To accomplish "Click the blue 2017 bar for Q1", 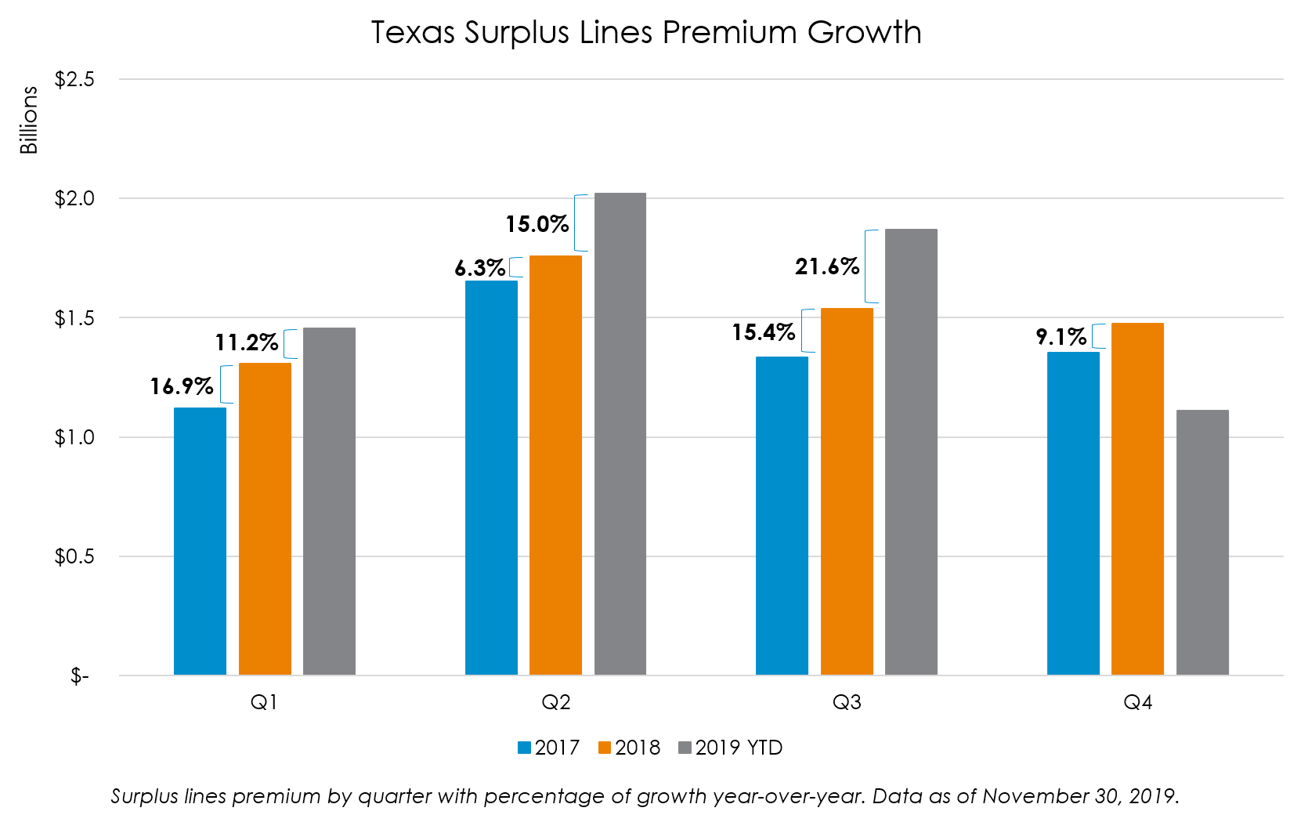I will coord(200,541).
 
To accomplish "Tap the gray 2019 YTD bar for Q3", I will coord(911,451).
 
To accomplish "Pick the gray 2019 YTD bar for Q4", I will coord(1202,542).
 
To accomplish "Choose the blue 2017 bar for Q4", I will coord(1073,513).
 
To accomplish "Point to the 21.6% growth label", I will coord(827,267).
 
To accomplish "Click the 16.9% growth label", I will coord(182,386).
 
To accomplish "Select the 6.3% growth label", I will coord(479,268).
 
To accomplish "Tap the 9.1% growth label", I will coord(1060,337).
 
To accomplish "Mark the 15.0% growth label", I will coord(537,225).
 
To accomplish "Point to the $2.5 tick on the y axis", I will coord(74,79).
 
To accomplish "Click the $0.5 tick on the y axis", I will coord(74,556).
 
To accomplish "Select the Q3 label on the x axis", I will coord(847,702).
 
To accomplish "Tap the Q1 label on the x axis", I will coord(264,702).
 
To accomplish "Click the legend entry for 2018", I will coord(629,748).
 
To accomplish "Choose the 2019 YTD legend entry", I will coord(730,748).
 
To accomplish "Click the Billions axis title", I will coord(29,120).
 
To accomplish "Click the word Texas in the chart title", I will coord(413,33).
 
